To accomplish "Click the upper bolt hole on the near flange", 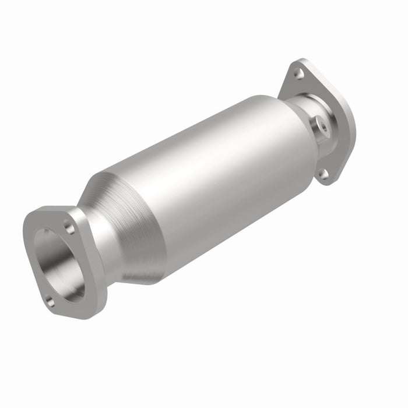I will tap(69, 229).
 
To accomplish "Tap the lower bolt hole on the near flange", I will tap(50, 302).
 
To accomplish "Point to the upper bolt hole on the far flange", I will tap(298, 73).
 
